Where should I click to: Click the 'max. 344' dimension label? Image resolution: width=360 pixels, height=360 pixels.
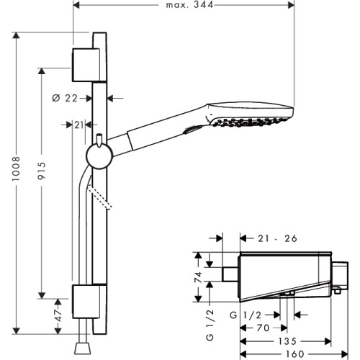tap(189, 5)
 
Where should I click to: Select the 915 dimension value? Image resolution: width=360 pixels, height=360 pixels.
tap(42, 171)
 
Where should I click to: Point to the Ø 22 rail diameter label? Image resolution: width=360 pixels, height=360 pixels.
tap(65, 98)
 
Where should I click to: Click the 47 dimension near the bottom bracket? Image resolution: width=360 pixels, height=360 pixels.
tap(58, 315)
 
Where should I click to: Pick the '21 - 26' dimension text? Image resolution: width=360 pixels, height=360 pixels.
tap(277, 238)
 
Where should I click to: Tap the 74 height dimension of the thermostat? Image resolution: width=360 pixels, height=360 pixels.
tap(198, 277)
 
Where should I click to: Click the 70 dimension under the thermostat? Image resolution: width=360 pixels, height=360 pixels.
tap(263, 328)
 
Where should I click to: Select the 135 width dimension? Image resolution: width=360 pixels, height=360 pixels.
tap(287, 341)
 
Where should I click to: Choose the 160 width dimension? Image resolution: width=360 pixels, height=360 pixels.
tap(295, 354)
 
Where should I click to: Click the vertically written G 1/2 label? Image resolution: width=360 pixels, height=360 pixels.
tap(210, 325)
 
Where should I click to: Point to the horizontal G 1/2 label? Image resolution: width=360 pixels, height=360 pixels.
tap(246, 315)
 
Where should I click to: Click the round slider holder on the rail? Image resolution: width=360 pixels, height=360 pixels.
tap(99, 156)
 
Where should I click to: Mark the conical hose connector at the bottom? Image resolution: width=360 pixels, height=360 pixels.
tap(83, 348)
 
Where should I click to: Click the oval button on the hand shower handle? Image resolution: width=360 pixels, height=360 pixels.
tap(193, 130)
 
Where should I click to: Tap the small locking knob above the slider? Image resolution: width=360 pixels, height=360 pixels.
tap(99, 140)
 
